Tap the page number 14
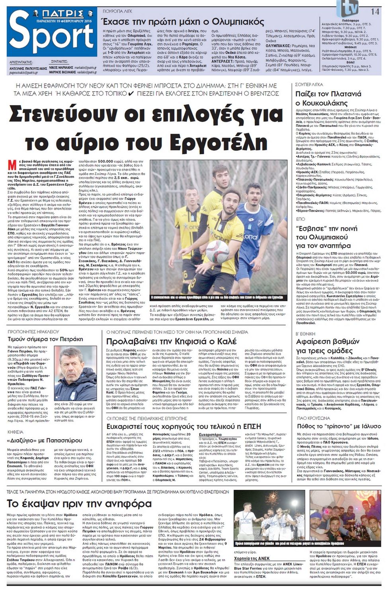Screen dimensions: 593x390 point(375,11)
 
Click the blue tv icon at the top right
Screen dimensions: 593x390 point(347,8)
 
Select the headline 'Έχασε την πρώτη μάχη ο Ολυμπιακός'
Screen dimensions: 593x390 point(183,21)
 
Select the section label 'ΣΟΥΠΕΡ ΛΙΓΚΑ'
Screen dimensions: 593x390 point(309,84)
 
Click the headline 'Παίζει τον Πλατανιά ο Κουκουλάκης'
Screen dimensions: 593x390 point(328,98)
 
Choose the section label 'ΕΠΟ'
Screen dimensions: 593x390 point(300,219)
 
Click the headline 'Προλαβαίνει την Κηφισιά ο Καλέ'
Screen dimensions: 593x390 point(171,341)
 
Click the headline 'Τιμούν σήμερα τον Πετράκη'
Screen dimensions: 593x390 point(45,339)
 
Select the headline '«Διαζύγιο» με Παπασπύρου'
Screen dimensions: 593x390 point(45,440)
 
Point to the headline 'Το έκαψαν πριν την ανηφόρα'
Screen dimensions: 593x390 point(79,504)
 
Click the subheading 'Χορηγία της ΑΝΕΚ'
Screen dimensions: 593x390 point(252,558)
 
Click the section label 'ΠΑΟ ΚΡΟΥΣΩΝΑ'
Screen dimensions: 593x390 point(313,418)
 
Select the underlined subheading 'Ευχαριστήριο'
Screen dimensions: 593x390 point(210,434)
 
